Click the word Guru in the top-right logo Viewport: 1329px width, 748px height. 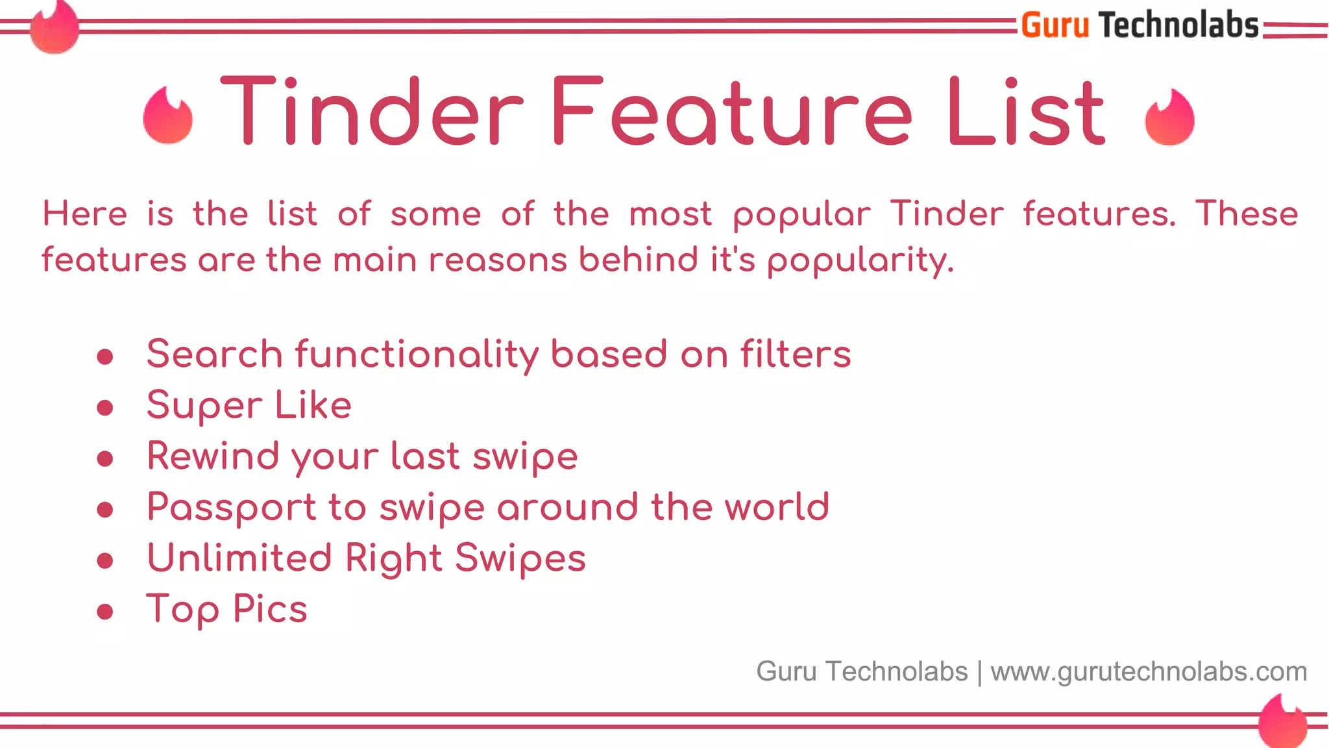click(1055, 26)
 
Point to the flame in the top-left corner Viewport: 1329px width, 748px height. click(55, 27)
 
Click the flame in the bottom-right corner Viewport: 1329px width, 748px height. click(1282, 721)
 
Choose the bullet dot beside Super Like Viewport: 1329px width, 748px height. click(105, 407)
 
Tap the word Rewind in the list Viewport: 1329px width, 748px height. click(212, 456)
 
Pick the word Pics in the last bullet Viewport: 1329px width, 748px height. click(270, 609)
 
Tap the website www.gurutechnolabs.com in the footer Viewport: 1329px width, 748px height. click(1149, 672)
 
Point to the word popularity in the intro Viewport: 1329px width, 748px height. click(860, 260)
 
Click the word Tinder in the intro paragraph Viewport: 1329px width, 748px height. click(947, 214)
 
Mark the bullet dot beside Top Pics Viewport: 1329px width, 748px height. click(105, 611)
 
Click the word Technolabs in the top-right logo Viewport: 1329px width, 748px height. click(1178, 26)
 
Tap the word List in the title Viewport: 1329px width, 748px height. click(1025, 112)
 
